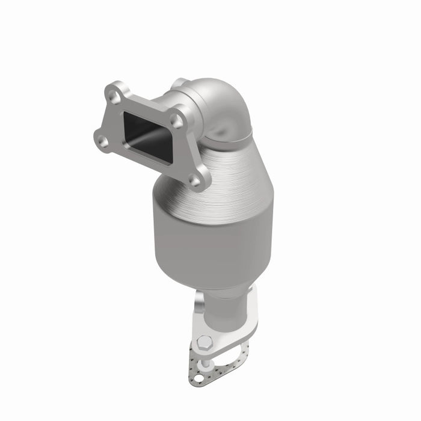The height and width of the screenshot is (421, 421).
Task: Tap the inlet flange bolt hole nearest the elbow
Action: point(176,121)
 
